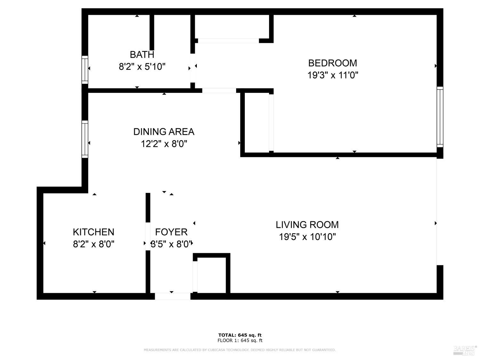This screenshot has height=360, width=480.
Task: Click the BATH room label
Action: click(x=142, y=54)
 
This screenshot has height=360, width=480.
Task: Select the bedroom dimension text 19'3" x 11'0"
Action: click(x=332, y=75)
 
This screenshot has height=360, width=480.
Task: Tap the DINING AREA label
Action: click(x=164, y=132)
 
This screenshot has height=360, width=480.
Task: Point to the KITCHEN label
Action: click(x=93, y=232)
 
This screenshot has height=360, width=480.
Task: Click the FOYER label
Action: click(x=171, y=232)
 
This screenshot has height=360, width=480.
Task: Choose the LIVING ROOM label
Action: click(x=307, y=225)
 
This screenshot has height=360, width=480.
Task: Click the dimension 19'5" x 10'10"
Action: click(x=307, y=237)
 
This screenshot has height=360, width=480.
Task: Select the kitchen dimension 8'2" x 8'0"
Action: click(x=93, y=244)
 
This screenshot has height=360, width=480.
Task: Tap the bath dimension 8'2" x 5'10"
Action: click(x=142, y=67)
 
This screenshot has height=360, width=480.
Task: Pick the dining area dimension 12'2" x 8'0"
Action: click(x=164, y=144)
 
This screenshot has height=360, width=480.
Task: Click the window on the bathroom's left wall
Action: click(x=85, y=69)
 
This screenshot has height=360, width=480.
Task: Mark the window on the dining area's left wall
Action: click(x=85, y=139)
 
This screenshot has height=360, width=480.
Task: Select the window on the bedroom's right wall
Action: click(x=440, y=117)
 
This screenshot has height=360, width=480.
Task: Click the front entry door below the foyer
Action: click(x=172, y=296)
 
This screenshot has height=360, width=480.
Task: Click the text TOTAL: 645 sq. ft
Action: click(x=240, y=335)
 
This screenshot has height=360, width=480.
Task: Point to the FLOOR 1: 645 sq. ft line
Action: click(x=240, y=340)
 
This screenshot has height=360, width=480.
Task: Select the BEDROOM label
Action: click(x=332, y=63)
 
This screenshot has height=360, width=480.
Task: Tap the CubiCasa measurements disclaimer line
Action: click(x=240, y=350)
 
